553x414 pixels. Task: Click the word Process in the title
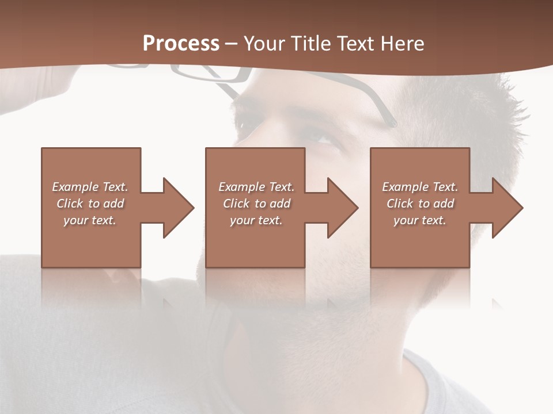pos(181,43)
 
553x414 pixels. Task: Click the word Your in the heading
pos(263,43)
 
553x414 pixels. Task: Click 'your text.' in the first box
pos(90,220)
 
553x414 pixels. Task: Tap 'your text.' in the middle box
pos(256,220)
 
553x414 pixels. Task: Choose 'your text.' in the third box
pos(419,220)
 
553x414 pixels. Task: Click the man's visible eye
pos(319,137)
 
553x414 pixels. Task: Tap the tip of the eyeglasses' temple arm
pos(393,123)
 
